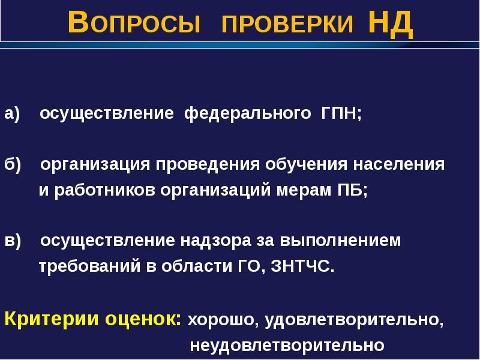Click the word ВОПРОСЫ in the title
[x=133, y=24]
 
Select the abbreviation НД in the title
[x=390, y=24]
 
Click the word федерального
[x=247, y=113]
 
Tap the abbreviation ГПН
[x=340, y=113]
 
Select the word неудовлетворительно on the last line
[x=287, y=346]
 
